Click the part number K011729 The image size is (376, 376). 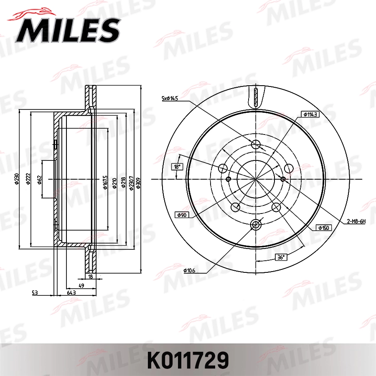click(187, 359)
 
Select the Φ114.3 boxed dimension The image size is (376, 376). click(311, 114)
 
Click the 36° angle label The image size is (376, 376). click(281, 257)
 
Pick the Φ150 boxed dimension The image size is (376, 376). click(324, 228)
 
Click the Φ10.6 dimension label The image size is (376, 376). click(189, 271)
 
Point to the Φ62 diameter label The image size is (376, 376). click(39, 180)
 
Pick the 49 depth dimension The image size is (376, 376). click(82, 285)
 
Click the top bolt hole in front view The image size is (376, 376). click(256, 145)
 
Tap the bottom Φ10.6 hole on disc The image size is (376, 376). click(256, 225)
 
